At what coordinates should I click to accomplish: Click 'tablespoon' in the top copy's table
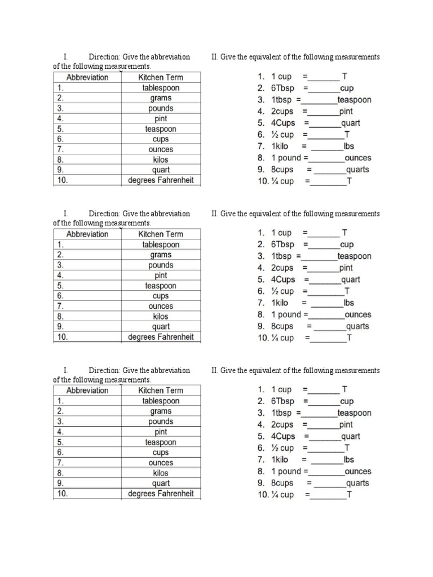coord(161,88)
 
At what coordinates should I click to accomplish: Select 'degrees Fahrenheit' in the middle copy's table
coord(161,337)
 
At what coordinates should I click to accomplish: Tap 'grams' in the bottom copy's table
coord(161,411)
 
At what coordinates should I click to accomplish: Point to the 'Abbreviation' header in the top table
coord(87,77)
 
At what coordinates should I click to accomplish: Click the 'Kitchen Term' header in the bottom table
coord(161,390)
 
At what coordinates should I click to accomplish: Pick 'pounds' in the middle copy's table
coord(161,265)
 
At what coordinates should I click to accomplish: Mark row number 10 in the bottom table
coord(61,494)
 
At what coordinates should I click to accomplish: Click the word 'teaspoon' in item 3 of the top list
coord(354,100)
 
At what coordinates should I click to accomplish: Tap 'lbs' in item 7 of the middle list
coord(349,303)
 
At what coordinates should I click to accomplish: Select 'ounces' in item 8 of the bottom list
coord(357,471)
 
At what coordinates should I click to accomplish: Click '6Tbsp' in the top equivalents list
coord(282,88)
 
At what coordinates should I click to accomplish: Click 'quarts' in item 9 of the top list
coord(357,170)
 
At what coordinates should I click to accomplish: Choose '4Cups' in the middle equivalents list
coord(283,279)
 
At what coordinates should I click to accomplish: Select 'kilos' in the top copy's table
coord(161,159)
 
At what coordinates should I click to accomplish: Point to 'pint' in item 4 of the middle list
coord(346,268)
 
